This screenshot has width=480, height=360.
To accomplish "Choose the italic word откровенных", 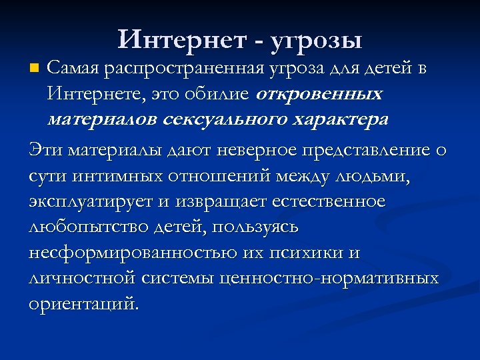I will click(318, 94).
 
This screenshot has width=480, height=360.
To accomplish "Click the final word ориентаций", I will click(84, 303).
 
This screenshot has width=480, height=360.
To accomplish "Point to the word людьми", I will click(375, 176).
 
